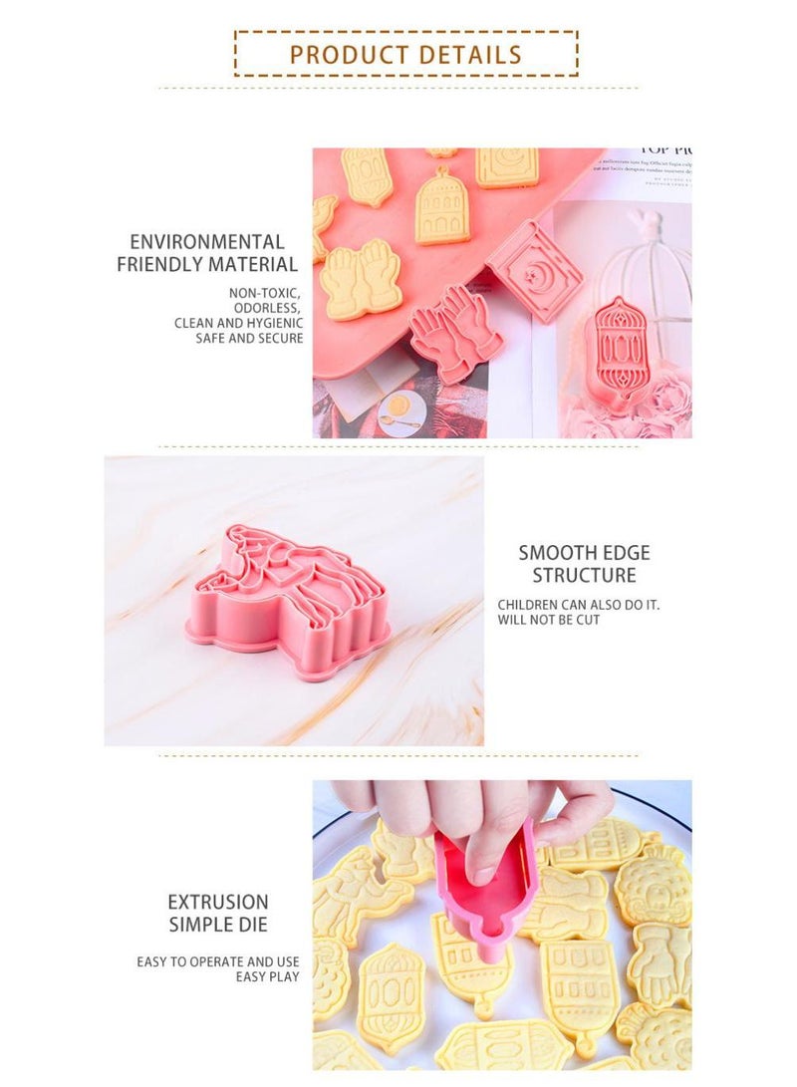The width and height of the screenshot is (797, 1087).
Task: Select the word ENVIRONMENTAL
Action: tap(207, 242)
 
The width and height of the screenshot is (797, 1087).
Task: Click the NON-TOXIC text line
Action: tap(266, 293)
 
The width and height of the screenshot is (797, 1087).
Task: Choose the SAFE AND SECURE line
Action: tap(250, 339)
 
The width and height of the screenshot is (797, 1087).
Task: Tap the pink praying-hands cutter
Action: tap(456, 333)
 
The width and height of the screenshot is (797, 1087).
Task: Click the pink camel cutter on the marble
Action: tap(291, 601)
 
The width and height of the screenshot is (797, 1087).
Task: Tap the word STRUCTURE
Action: tap(584, 576)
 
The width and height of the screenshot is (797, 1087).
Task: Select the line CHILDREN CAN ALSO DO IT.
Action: tap(579, 605)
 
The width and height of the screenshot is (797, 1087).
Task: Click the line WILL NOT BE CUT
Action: tap(549, 621)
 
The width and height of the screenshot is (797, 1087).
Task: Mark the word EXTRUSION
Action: tap(218, 903)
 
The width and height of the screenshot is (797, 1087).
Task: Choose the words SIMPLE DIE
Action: tap(218, 925)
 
